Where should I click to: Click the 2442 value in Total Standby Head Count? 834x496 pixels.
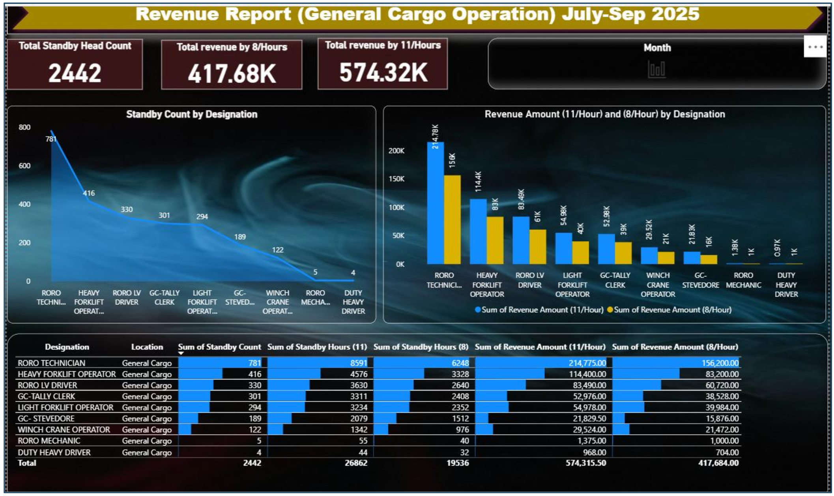click(x=75, y=73)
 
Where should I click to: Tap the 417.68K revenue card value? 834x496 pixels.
click(x=232, y=74)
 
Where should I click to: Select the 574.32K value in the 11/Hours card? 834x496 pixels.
click(x=383, y=73)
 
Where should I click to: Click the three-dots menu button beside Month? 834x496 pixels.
click(x=815, y=47)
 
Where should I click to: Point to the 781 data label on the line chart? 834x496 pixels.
click(x=51, y=139)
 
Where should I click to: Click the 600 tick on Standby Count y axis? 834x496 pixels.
click(x=24, y=166)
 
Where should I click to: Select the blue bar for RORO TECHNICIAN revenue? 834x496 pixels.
click(x=435, y=203)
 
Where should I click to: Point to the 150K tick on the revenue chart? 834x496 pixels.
click(x=396, y=179)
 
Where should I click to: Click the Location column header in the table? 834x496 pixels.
click(x=147, y=347)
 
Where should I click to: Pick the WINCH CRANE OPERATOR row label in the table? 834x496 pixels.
click(x=64, y=430)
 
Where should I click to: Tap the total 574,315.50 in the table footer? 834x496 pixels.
click(x=585, y=463)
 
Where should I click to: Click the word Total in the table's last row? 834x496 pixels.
click(x=27, y=463)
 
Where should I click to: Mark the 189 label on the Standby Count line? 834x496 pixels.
click(x=240, y=237)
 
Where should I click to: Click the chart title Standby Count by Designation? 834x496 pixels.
click(x=191, y=115)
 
